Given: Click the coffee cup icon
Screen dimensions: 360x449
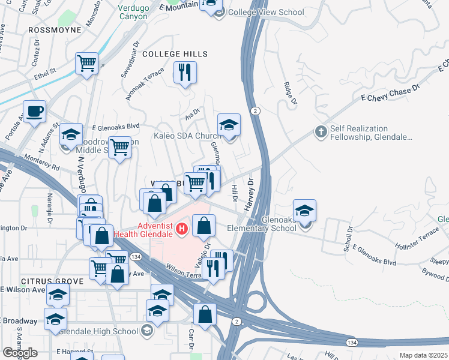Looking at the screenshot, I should coord(34,111).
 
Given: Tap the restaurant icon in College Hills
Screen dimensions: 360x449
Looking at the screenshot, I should coord(184,73).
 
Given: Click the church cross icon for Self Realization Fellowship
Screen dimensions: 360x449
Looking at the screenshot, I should coord(321,132).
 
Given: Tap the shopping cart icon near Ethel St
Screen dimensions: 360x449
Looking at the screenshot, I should coord(87,63).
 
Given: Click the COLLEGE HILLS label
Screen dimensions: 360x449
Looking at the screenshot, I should coord(175,54).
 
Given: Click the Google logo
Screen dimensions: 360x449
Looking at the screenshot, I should coord(20,353).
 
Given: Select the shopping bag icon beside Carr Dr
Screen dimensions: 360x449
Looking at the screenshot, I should coord(205,314).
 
